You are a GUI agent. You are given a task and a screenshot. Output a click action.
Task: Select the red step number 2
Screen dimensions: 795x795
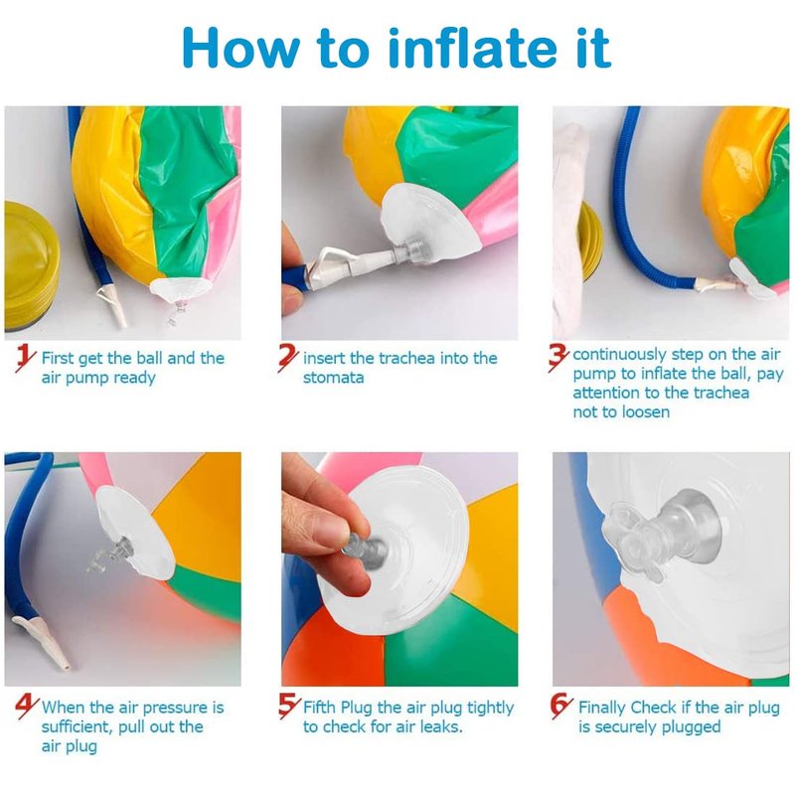tap(288, 358)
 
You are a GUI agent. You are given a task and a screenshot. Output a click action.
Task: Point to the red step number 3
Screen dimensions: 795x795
tap(558, 358)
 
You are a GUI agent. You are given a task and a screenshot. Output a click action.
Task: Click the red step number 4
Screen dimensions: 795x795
tap(27, 707)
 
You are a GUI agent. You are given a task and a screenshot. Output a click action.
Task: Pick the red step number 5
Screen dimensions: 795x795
tap(289, 706)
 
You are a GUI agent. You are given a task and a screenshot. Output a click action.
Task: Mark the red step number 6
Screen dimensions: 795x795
tap(561, 706)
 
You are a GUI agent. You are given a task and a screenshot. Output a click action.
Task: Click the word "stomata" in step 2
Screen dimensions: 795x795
tap(333, 378)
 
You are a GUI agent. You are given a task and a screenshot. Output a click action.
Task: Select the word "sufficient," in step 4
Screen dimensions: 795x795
tap(78, 726)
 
